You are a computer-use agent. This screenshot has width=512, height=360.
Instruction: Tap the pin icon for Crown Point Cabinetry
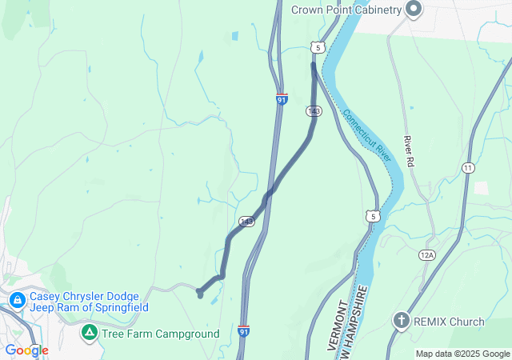414,10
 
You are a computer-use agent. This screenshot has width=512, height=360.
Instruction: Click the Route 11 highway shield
467,167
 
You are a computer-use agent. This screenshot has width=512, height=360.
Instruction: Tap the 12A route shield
426,254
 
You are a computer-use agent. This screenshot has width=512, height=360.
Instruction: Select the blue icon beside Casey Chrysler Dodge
17,301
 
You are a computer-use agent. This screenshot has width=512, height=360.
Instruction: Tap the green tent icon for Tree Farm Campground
90,332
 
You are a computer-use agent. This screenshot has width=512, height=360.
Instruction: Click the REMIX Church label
449,322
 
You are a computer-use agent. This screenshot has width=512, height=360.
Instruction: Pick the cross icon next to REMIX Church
402,322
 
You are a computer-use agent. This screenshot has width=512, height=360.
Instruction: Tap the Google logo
26,350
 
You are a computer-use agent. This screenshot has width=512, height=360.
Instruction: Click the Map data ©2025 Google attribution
462,354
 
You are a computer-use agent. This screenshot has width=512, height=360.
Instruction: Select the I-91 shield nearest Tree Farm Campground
244,330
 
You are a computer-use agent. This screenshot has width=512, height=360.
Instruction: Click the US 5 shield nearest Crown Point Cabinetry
318,48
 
